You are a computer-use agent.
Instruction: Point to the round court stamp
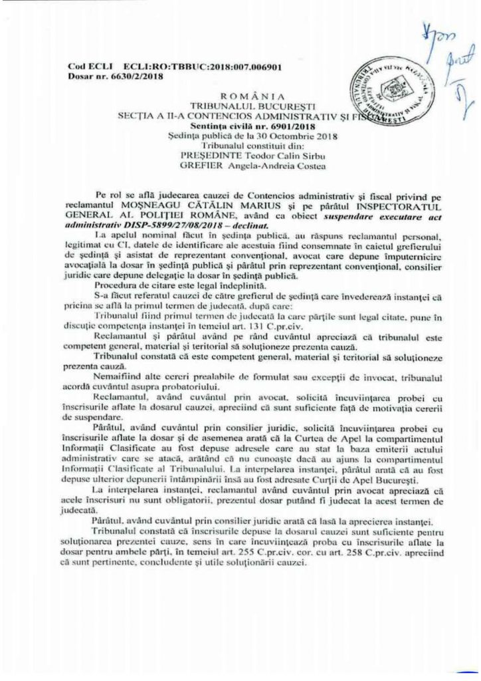(377, 93)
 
